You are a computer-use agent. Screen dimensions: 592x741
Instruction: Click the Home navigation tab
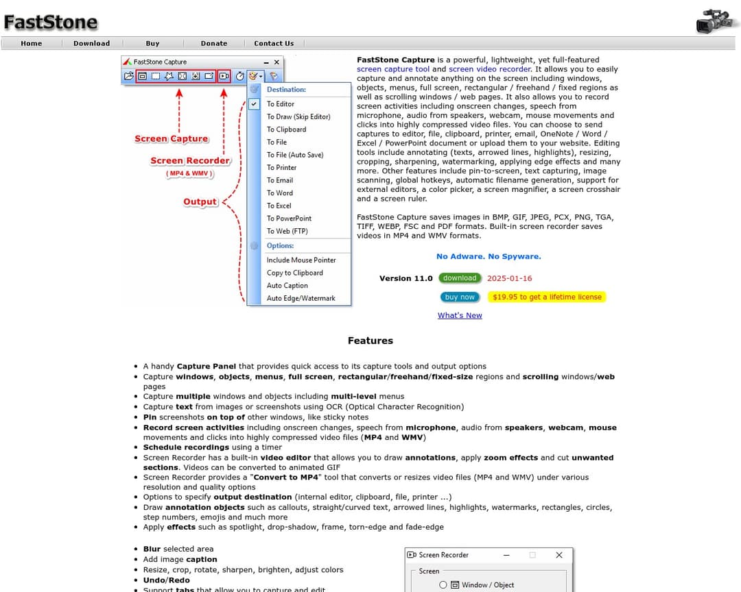pyautogui.click(x=32, y=43)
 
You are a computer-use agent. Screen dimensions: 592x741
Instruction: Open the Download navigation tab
pyautogui.click(x=91, y=43)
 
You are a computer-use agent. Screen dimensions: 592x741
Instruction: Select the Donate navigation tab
pyautogui.click(x=214, y=43)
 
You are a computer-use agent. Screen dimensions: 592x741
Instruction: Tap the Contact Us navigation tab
pyautogui.click(x=274, y=43)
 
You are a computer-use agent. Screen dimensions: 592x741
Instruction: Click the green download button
pyautogui.click(x=460, y=278)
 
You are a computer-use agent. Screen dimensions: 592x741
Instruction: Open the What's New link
pyautogui.click(x=460, y=315)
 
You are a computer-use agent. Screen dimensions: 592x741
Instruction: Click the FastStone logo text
pyautogui.click(x=51, y=23)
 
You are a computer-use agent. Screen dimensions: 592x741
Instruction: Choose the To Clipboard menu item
pyautogui.click(x=286, y=129)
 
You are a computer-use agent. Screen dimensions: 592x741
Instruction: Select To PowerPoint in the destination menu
pyautogui.click(x=289, y=219)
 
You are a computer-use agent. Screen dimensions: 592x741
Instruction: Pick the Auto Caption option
pyautogui.click(x=287, y=286)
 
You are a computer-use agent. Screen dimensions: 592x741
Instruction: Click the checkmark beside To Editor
pyautogui.click(x=254, y=104)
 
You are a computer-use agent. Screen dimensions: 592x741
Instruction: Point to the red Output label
pyautogui.click(x=200, y=202)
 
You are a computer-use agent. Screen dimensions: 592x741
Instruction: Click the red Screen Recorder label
pyautogui.click(x=190, y=161)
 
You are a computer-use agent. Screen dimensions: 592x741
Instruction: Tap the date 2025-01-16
pyautogui.click(x=509, y=278)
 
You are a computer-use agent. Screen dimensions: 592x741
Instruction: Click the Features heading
pyautogui.click(x=370, y=341)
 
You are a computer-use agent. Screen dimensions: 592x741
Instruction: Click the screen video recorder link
pyautogui.click(x=490, y=69)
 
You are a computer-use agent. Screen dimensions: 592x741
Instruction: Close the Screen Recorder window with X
pyautogui.click(x=558, y=555)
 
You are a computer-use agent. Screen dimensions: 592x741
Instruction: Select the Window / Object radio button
pyautogui.click(x=443, y=584)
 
